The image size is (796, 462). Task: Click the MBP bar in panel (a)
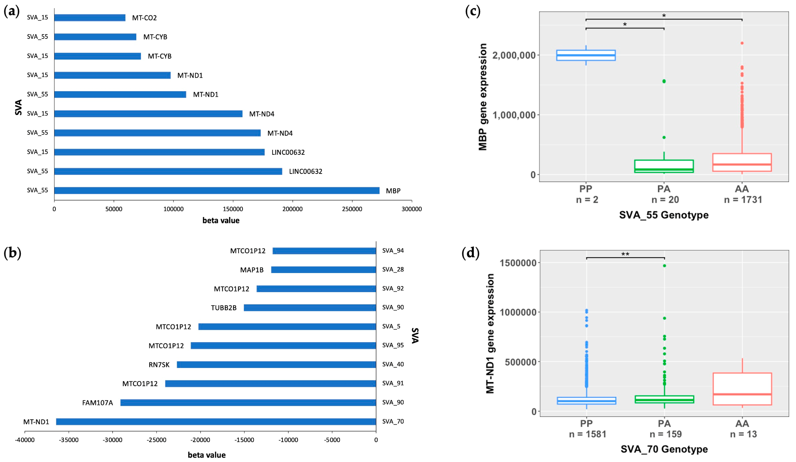pyautogui.click(x=217, y=190)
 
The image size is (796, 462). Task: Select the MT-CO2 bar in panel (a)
pyautogui.click(x=90, y=18)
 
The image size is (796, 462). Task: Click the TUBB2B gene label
pyautogui.click(x=224, y=308)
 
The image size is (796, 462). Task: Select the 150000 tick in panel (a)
pyautogui.click(x=233, y=209)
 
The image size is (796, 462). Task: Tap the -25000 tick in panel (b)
pyautogui.click(x=157, y=440)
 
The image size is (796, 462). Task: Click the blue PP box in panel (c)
pyautogui.click(x=586, y=55)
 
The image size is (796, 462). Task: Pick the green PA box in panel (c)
pyautogui.click(x=664, y=166)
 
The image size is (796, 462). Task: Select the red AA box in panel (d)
pyautogui.click(x=742, y=389)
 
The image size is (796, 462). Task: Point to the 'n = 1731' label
pyautogui.click(x=743, y=200)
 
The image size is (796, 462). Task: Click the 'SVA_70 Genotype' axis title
pyautogui.click(x=664, y=449)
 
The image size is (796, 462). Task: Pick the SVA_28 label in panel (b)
pyautogui.click(x=393, y=269)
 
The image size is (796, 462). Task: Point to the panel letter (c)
pyautogui.click(x=473, y=11)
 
